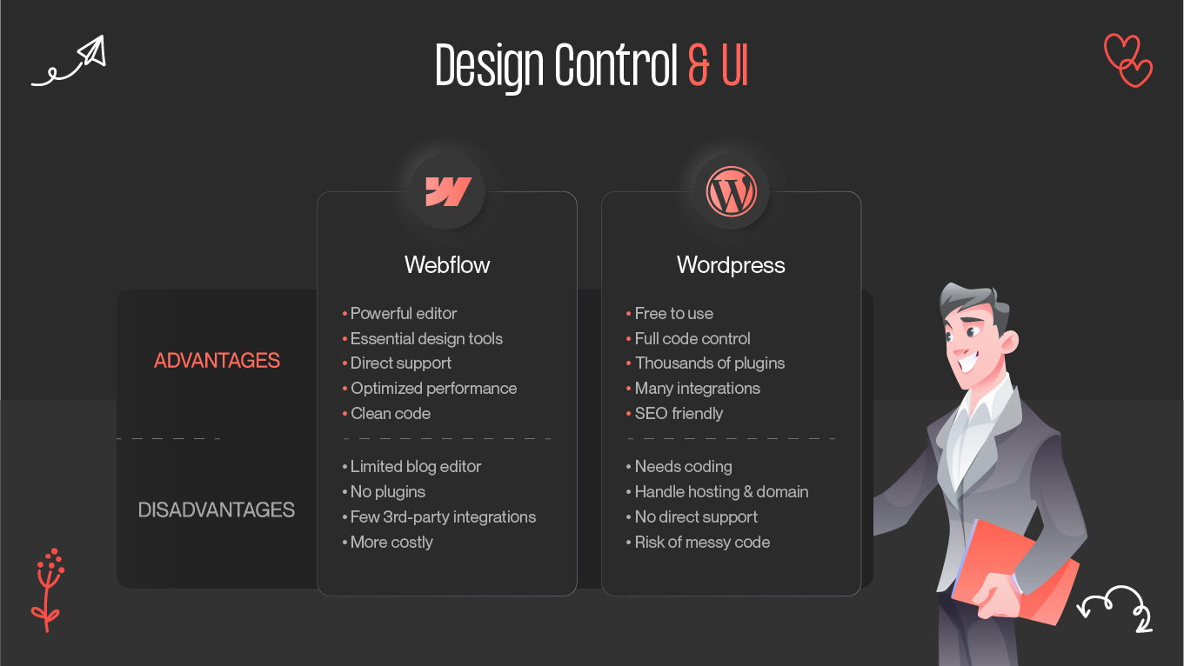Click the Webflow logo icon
coord(447,191)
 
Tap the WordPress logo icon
coord(732,191)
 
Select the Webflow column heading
coord(447,265)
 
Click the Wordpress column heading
coord(731,265)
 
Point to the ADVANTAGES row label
coord(217,361)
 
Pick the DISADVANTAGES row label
coord(217,510)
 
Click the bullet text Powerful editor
coord(404,314)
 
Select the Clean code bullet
coord(391,414)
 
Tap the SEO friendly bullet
coord(679,414)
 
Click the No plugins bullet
coord(388,492)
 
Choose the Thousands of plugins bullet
coord(710,363)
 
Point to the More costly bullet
coord(391,543)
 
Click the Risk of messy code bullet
coord(702,543)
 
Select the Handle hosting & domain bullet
coord(721,492)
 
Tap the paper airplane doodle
coord(70,62)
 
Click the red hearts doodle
coord(1127,60)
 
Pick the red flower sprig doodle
coord(49,588)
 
